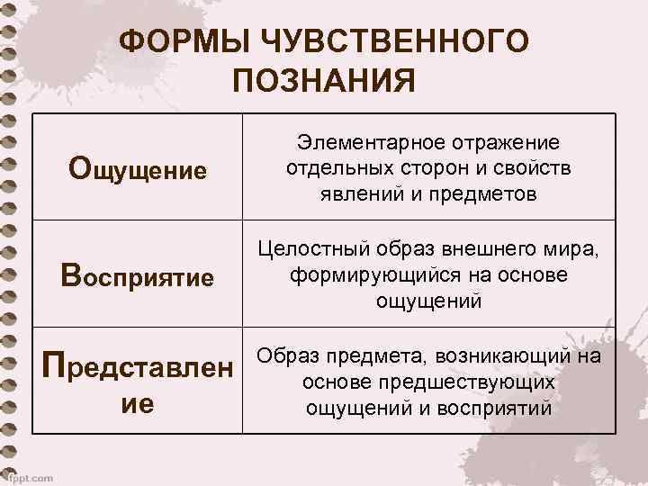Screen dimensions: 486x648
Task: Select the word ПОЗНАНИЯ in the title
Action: click(x=324, y=81)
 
